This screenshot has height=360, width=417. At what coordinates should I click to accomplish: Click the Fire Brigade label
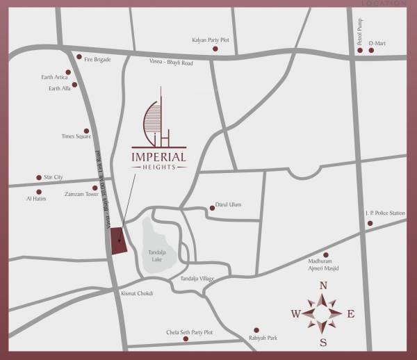tap(98, 60)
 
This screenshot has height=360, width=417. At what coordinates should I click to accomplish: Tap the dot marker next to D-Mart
tap(372, 51)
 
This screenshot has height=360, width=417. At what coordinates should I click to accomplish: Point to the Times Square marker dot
tap(87, 130)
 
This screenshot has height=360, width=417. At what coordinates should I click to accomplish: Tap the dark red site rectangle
tap(118, 240)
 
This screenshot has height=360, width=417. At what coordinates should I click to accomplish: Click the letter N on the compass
tap(323, 286)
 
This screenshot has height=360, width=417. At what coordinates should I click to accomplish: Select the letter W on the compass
tap(295, 314)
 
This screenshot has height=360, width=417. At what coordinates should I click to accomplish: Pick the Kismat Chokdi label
tap(136, 293)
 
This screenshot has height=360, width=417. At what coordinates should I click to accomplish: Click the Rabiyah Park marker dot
tap(256, 330)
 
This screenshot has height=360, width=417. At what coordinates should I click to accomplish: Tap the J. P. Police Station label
tap(384, 213)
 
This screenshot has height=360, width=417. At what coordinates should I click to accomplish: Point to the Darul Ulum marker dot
tap(213, 207)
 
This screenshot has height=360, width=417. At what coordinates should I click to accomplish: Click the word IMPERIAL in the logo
tap(158, 157)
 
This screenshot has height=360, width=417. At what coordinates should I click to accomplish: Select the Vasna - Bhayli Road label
tap(171, 63)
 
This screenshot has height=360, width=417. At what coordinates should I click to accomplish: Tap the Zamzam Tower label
tap(80, 195)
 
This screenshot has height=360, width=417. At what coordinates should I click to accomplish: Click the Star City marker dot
tap(39, 178)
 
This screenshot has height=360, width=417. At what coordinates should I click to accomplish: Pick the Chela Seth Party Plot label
tap(189, 333)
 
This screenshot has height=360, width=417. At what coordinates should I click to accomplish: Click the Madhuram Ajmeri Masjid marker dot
tap(326, 255)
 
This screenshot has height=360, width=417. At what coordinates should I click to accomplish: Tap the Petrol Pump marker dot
tap(360, 51)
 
